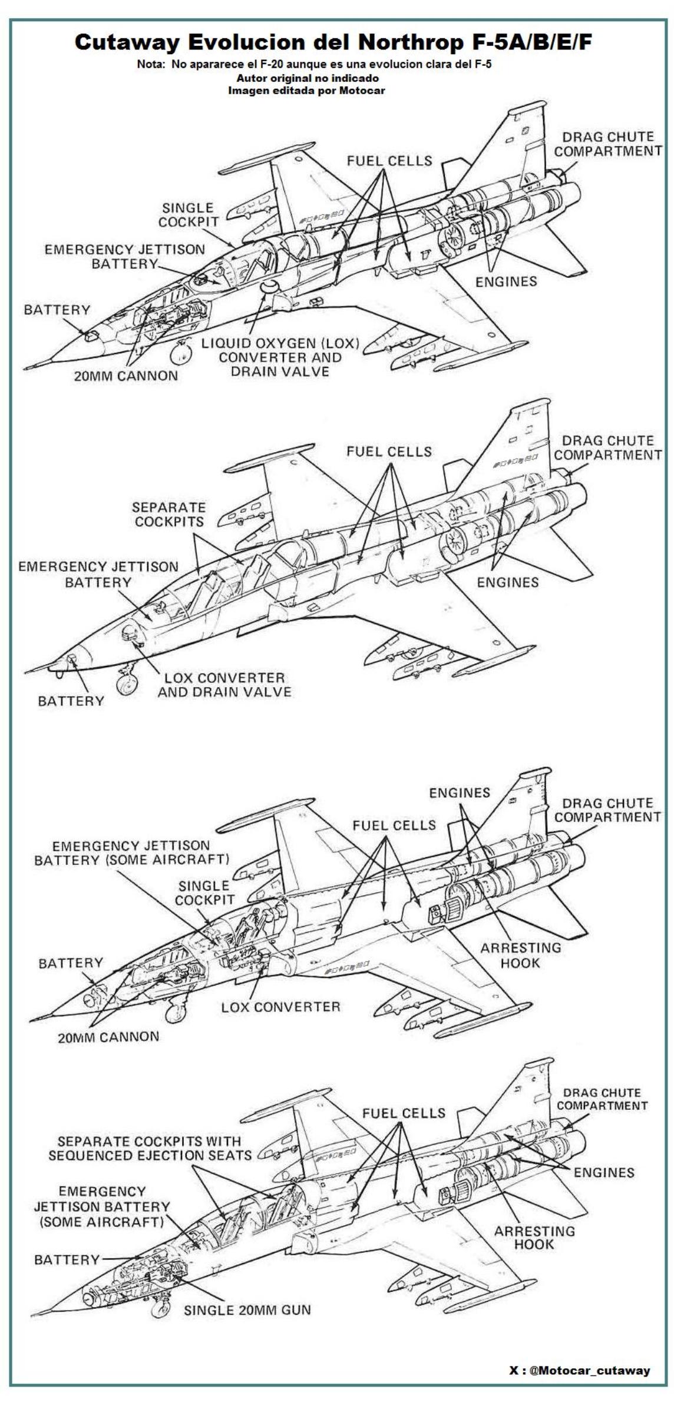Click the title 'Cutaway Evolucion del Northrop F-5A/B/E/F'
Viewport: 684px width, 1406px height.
point(333,42)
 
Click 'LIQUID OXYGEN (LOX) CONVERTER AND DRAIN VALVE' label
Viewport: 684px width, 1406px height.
point(280,357)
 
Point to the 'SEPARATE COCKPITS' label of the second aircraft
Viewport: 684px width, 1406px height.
point(169,514)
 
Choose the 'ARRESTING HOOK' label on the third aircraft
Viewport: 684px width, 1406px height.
point(520,955)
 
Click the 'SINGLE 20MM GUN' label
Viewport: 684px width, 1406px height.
point(247,1310)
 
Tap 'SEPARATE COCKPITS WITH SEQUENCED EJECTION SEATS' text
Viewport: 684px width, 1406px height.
point(150,1148)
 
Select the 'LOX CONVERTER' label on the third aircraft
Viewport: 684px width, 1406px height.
point(280,1007)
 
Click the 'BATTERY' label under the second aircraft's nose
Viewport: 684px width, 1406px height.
point(71,701)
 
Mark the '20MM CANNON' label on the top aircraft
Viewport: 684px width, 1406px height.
point(125,376)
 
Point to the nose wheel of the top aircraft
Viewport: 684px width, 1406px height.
point(181,353)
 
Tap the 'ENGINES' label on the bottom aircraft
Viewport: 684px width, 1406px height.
point(604,1172)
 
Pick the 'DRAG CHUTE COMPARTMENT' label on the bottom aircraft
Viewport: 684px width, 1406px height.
point(602,1099)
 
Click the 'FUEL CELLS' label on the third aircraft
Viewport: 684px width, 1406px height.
point(394,825)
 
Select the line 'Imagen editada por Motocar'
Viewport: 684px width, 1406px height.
point(306,91)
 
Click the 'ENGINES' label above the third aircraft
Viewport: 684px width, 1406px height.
point(460,792)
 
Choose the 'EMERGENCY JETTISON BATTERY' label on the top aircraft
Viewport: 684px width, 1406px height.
point(125,257)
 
